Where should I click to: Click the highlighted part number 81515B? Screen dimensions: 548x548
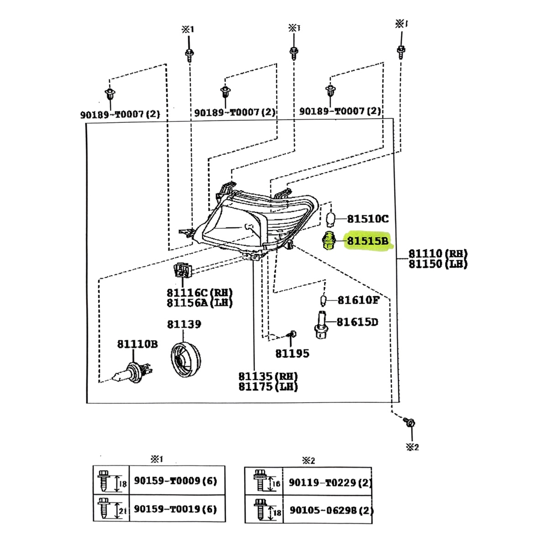pyautogui.click(x=368, y=241)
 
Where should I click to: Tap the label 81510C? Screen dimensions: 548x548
pyautogui.click(x=368, y=219)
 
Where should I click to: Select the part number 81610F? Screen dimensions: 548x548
pyautogui.click(x=358, y=300)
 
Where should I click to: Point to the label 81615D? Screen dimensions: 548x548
pyautogui.click(x=358, y=322)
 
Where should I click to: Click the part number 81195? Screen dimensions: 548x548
pyautogui.click(x=292, y=353)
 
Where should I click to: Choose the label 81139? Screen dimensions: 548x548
pyautogui.click(x=184, y=324)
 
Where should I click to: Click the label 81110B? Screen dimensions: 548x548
pyautogui.click(x=137, y=344)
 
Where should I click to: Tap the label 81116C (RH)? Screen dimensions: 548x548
pyautogui.click(x=200, y=293)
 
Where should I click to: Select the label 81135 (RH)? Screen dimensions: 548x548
pyautogui.click(x=268, y=377)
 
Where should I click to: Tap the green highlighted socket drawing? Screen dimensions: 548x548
pyautogui.click(x=328, y=241)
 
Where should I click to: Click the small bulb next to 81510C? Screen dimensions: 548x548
pyautogui.click(x=332, y=218)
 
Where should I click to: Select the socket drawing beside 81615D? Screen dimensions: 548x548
pyautogui.click(x=322, y=324)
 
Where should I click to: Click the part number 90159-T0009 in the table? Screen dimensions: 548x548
pyautogui.click(x=175, y=481)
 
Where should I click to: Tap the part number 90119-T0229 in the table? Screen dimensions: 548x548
pyautogui.click(x=330, y=482)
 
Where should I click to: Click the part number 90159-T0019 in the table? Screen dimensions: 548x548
pyautogui.click(x=175, y=509)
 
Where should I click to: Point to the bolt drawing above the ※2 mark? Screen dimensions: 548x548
pyautogui.click(x=410, y=423)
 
